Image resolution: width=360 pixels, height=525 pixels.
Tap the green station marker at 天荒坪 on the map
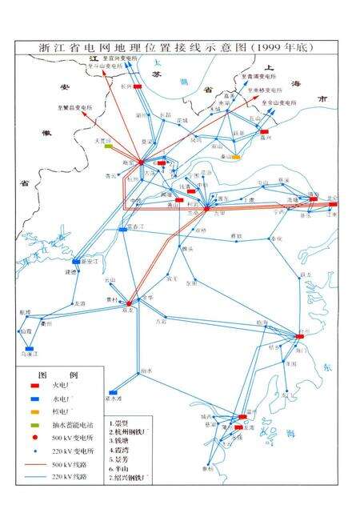[107, 145]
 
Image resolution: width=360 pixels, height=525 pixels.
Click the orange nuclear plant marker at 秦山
[237, 157]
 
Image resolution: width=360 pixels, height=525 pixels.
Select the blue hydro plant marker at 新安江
[77, 262]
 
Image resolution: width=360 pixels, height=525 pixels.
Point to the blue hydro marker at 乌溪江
[30, 350]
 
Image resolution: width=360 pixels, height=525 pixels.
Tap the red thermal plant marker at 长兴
[138, 86]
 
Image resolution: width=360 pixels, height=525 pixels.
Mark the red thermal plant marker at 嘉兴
[264, 132]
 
